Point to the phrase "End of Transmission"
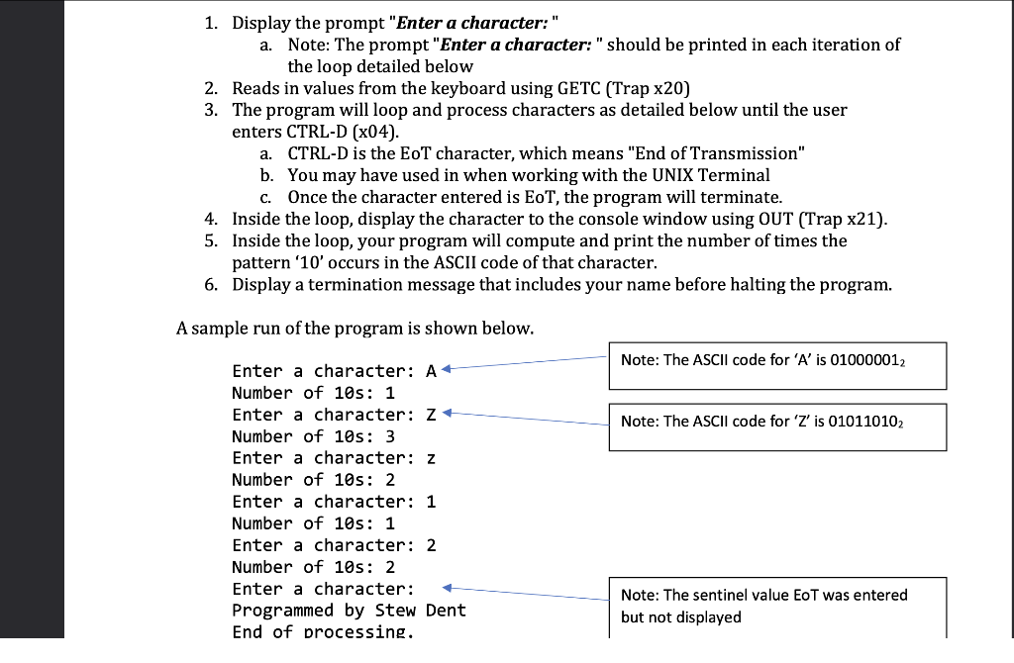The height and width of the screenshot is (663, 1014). tap(720, 153)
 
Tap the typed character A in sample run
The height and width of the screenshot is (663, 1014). tap(431, 371)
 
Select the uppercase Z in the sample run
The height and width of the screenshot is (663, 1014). tap(431, 415)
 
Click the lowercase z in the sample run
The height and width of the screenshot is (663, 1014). tap(431, 458)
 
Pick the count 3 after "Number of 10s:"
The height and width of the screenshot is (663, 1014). tap(390, 436)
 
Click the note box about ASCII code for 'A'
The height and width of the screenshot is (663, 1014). tap(778, 364)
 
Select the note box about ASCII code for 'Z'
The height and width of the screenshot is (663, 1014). tap(778, 425)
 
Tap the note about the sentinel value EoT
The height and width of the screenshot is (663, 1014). tap(778, 606)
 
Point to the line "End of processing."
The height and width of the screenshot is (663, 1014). tap(323, 631)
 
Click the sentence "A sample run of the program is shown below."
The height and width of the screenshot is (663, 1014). tap(354, 328)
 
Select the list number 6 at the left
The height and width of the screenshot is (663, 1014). tap(211, 285)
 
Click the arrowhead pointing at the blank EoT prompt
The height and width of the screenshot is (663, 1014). tap(447, 588)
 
